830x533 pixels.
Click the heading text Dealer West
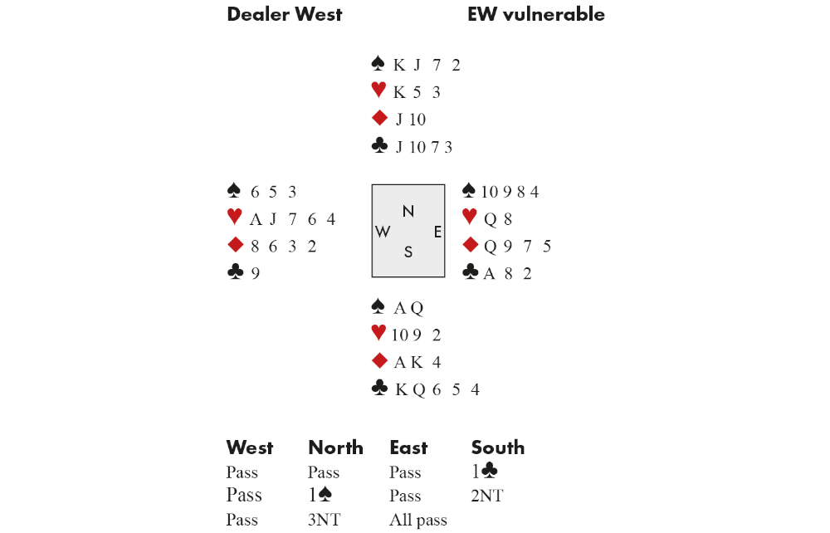tap(284, 14)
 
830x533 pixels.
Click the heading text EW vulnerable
tap(535, 14)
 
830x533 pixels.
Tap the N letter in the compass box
tap(408, 212)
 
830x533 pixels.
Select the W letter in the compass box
tap(383, 232)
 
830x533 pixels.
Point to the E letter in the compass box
tap(437, 232)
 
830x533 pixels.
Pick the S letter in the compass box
tap(408, 252)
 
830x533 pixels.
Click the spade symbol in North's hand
tap(378, 64)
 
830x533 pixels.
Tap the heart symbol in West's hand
tap(234, 218)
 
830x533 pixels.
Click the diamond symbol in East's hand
tap(471, 245)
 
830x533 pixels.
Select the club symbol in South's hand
tap(378, 389)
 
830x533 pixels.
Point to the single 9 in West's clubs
tap(256, 273)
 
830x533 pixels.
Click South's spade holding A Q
tap(408, 309)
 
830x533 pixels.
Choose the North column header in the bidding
tap(335, 448)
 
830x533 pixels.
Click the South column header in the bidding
tap(497, 448)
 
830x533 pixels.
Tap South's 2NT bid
tap(487, 496)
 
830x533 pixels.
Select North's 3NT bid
tap(325, 521)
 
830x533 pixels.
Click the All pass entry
tap(418, 521)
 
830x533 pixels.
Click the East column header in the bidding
tap(408, 448)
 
